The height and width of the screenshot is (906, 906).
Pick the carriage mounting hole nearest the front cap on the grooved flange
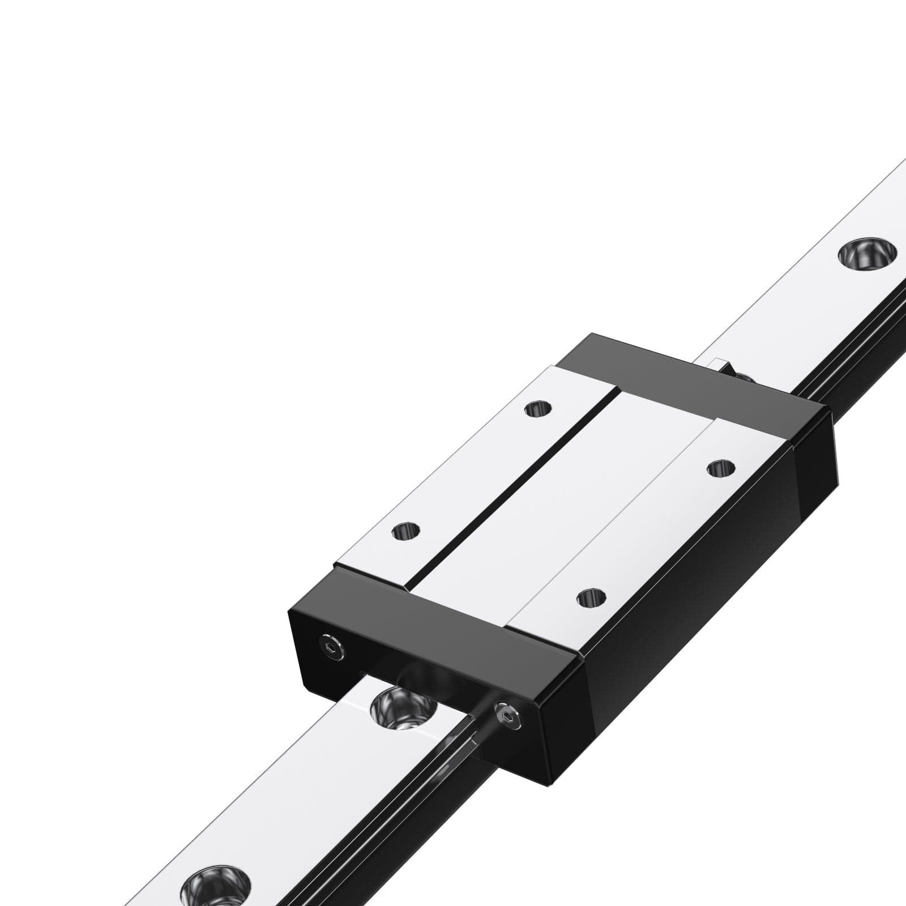coord(406,531)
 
